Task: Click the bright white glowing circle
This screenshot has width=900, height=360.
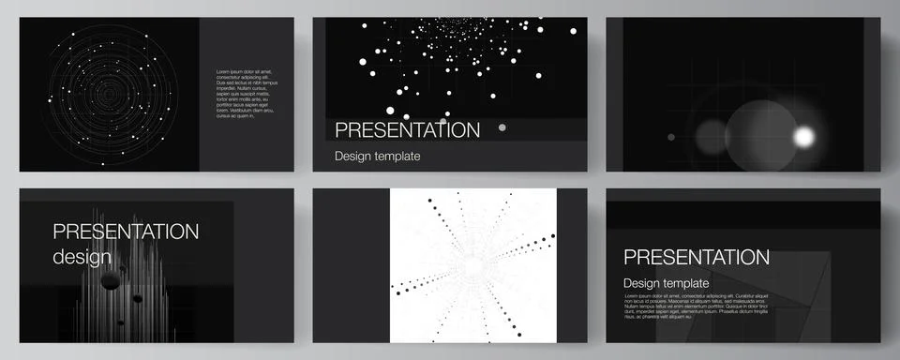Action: (x=803, y=137)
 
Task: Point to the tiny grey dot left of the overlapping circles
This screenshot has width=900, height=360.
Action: (x=670, y=137)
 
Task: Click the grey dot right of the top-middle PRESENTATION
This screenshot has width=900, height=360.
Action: (x=502, y=127)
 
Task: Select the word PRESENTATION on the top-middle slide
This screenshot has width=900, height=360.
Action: (x=407, y=129)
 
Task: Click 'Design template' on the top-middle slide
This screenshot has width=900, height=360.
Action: (x=377, y=156)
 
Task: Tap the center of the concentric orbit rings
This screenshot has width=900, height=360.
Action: (x=111, y=95)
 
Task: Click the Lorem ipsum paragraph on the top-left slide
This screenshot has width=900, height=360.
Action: (x=247, y=94)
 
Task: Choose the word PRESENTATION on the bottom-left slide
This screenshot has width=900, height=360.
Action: (x=126, y=232)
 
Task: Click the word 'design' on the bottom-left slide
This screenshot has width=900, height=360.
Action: (x=82, y=257)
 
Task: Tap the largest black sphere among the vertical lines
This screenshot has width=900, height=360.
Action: (x=111, y=279)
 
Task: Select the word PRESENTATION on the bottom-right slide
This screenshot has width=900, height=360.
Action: (x=697, y=257)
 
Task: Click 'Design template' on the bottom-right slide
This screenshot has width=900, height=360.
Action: (x=666, y=283)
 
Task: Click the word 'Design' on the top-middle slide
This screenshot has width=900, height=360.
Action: (x=353, y=156)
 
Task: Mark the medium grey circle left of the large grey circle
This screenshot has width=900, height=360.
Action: (x=712, y=137)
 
